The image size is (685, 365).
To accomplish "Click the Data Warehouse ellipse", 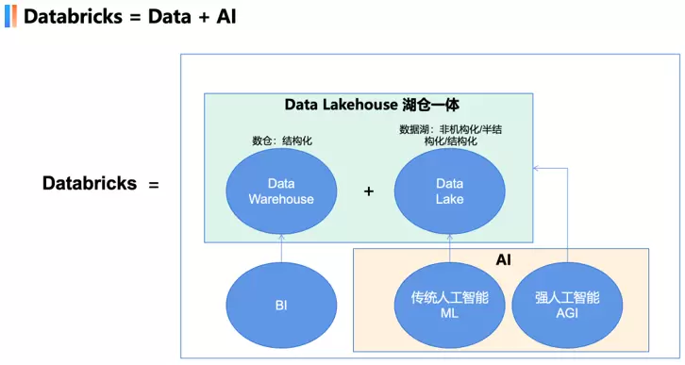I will (281, 191).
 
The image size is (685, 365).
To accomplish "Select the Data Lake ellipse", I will (450, 191).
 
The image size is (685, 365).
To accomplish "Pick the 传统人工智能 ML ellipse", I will (450, 306).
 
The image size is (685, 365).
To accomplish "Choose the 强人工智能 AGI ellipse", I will (568, 306).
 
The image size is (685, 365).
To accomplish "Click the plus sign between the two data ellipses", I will (369, 191).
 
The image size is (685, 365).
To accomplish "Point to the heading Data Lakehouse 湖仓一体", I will (372, 105).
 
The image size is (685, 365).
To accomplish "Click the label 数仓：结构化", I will (281, 141).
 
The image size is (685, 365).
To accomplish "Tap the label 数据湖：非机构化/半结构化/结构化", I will (450, 135).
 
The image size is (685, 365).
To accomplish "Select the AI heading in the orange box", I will (503, 258).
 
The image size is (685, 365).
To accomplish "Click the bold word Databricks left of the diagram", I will (90, 184).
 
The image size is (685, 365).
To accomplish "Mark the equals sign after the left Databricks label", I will (153, 185).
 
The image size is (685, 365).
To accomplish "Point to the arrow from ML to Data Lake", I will (450, 250).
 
